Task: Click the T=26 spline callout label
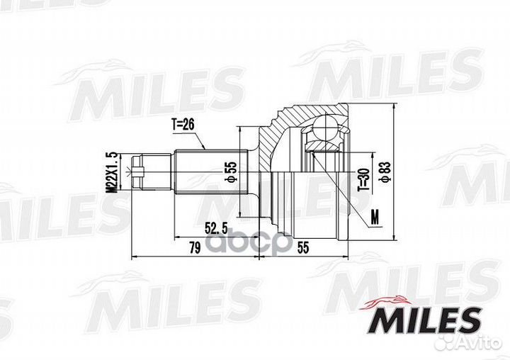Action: point(183,124)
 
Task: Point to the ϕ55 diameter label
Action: point(232,172)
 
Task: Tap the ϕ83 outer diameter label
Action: point(385,172)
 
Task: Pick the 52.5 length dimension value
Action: point(215,228)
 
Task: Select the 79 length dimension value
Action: point(195,248)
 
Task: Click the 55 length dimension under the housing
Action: point(302,248)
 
